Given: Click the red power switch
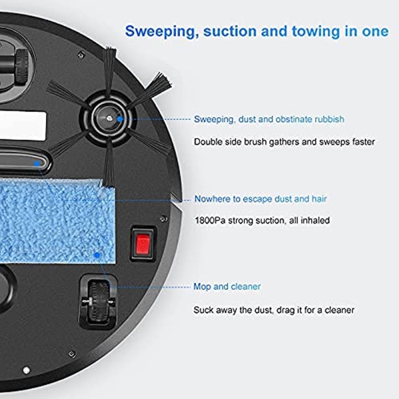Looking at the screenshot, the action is (142, 244).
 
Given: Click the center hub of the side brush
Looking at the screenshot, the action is (109, 119).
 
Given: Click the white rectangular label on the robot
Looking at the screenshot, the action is (23, 126).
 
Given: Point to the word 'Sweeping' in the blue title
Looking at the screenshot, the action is (162, 31).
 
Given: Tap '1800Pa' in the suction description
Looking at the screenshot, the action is (210, 220).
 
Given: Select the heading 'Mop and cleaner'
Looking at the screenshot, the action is (227, 287).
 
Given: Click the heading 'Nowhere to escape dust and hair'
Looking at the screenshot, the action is (260, 199).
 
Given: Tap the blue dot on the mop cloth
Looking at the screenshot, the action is (97, 255).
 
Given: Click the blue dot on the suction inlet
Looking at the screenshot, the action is (37, 163).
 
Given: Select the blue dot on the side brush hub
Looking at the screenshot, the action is (120, 119).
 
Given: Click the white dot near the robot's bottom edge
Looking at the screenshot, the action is (26, 370).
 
